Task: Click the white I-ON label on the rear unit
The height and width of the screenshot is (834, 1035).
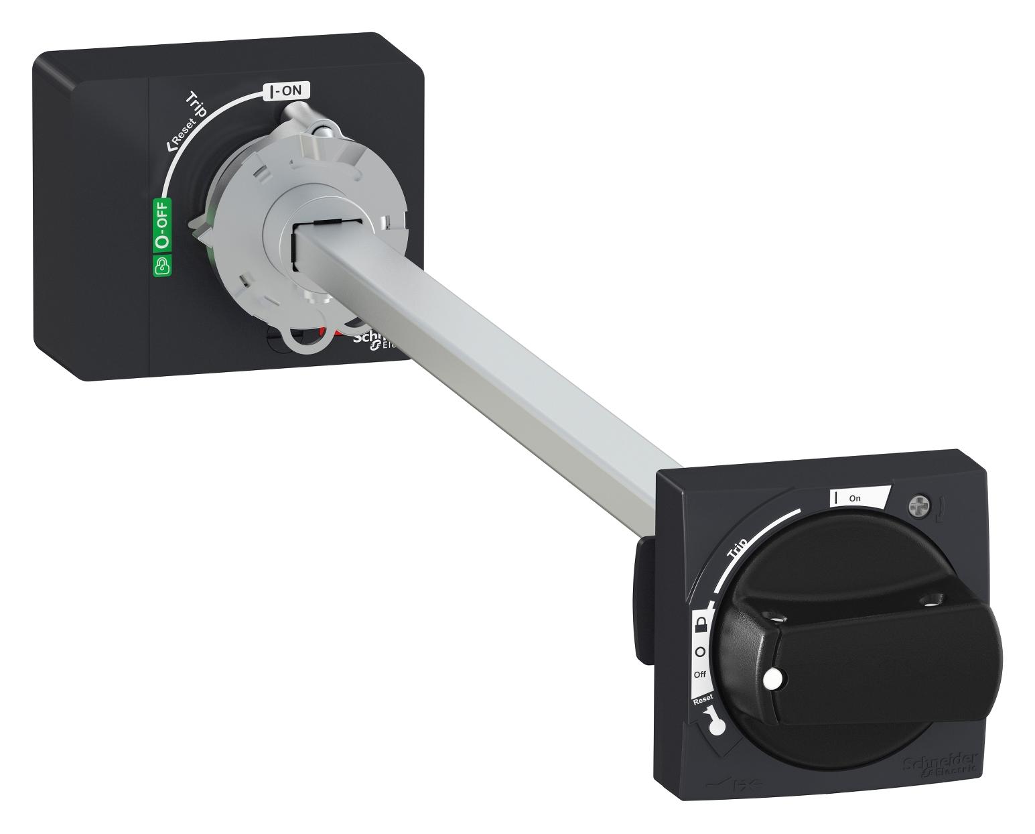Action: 287,92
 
